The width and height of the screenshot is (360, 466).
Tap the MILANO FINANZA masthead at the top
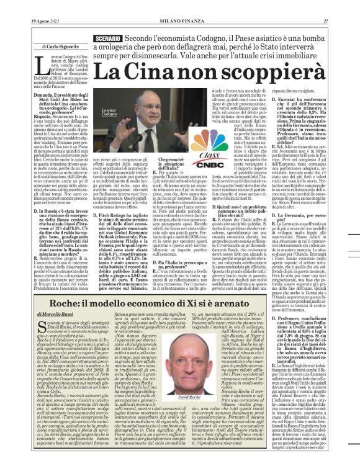[x=180, y=5]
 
